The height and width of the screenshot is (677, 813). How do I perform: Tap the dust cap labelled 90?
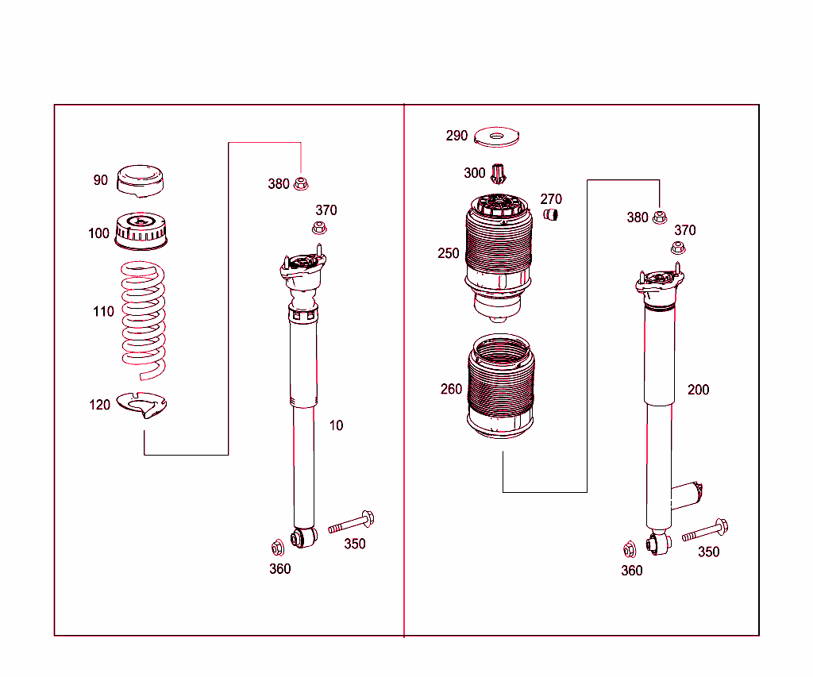pyautogui.click(x=140, y=181)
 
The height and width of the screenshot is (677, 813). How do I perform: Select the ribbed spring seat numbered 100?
pyautogui.click(x=141, y=231)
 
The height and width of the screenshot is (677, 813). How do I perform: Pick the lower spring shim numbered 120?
pyautogui.click(x=141, y=405)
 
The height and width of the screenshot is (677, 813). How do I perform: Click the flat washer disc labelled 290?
pyautogui.click(x=496, y=137)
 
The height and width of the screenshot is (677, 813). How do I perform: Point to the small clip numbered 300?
pyautogui.click(x=499, y=173)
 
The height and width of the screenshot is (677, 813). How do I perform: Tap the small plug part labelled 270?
pyautogui.click(x=550, y=214)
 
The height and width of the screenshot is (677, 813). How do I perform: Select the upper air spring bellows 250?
pyautogui.click(x=498, y=256)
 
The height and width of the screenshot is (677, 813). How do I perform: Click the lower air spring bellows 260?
pyautogui.click(x=500, y=387)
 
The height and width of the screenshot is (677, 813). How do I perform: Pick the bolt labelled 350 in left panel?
pyautogui.click(x=351, y=522)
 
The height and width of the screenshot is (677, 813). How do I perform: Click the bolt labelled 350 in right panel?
pyautogui.click(x=705, y=531)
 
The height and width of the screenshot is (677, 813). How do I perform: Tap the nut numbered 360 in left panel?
pyautogui.click(x=277, y=548)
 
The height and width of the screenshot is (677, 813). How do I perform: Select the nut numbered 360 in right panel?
pyautogui.click(x=630, y=549)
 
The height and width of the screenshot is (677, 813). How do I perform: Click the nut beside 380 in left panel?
pyautogui.click(x=301, y=183)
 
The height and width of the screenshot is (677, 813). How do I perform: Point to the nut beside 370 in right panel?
pyautogui.click(x=678, y=248)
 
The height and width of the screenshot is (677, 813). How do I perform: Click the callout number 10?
pyautogui.click(x=336, y=425)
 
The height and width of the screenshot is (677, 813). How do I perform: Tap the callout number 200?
pyautogui.click(x=698, y=390)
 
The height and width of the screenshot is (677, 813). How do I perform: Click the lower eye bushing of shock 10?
pyautogui.click(x=303, y=537)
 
